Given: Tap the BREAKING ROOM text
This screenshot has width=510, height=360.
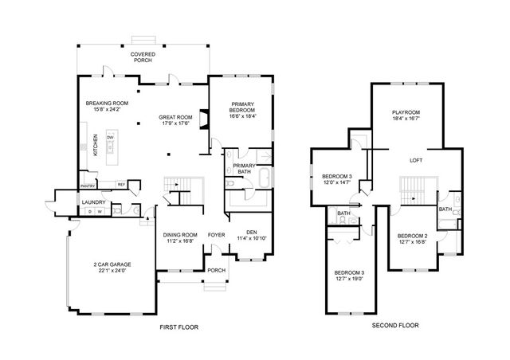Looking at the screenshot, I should pos(107,104).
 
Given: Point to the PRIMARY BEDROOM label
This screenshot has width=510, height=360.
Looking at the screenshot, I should pos(243,108).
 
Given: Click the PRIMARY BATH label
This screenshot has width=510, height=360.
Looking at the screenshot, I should pos(244,167).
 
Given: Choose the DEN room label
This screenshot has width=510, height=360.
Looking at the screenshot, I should pos(252,232).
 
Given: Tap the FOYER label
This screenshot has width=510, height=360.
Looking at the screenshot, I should pos(216,235).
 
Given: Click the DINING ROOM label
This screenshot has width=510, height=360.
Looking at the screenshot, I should pos(179,235).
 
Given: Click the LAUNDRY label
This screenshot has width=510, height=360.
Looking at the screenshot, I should pos(94,202).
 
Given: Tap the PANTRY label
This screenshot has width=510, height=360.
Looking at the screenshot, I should pos(88,186).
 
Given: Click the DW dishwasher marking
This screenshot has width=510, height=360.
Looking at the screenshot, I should pos(109,137).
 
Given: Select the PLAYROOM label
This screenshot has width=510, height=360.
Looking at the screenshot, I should pos(405,112).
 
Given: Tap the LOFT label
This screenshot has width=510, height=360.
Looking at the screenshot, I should pos(416,160).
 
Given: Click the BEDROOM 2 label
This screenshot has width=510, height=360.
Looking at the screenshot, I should pos(414,236).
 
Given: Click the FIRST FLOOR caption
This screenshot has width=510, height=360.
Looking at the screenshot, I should pos(178,327).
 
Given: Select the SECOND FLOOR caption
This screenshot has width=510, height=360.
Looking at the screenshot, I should pos(394,325).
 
